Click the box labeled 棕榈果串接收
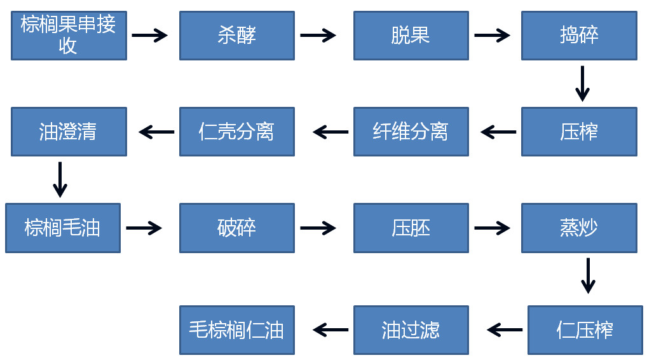(x=69, y=36)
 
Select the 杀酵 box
(x=236, y=36)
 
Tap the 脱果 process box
(x=411, y=36)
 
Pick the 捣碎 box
(x=579, y=36)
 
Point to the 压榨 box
(x=579, y=132)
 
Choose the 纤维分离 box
(x=411, y=132)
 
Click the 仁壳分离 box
(x=236, y=132)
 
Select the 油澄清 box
(x=69, y=132)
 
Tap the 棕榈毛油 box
(x=62, y=228)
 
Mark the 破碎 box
(x=236, y=228)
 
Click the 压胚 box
(x=411, y=228)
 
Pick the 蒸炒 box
(x=579, y=228)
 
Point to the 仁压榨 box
(x=585, y=330)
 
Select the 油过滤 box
(x=411, y=330)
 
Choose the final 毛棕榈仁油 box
(x=236, y=330)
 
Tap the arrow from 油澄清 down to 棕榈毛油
(x=60, y=179)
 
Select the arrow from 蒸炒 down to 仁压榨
(x=589, y=275)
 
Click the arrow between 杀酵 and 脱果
(x=318, y=36)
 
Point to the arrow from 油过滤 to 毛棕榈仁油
(x=330, y=329)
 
